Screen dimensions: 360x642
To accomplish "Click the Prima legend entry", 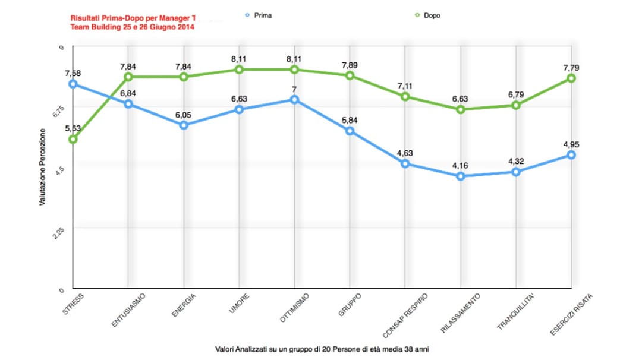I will (x=259, y=15).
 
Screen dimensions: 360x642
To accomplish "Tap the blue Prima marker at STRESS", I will (x=73, y=84).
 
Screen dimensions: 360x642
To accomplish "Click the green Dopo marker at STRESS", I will (x=73, y=139).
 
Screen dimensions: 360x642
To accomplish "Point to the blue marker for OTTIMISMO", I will (x=294, y=99).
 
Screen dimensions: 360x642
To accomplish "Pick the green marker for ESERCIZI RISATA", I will (x=571, y=78).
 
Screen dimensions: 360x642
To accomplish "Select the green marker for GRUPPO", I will (x=350, y=75).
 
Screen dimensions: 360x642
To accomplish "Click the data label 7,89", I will (x=350, y=64).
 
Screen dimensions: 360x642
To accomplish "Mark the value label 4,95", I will (x=571, y=144).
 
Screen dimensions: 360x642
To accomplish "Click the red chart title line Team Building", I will (x=131, y=27).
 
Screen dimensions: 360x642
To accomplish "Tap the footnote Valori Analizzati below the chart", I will (x=322, y=349).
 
